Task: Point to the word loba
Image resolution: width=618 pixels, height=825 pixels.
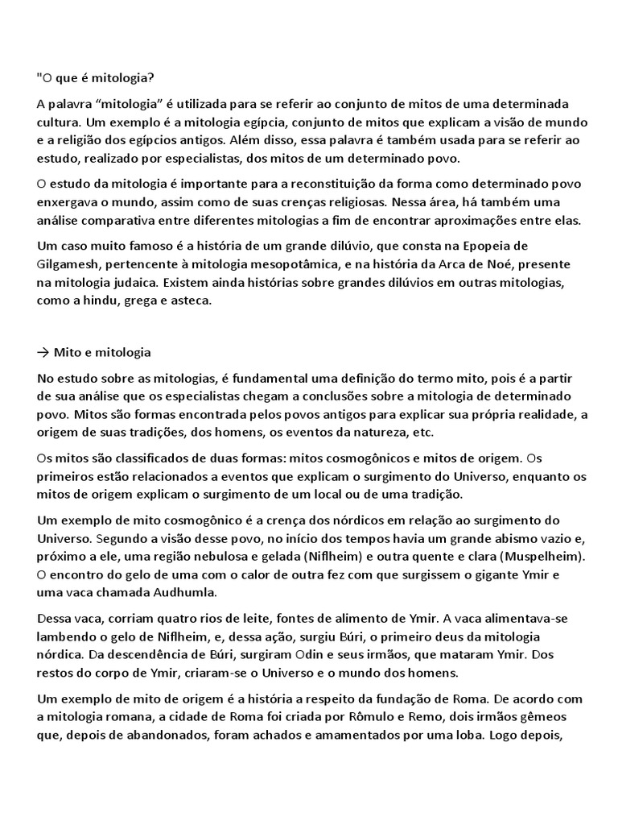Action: pyautogui.click(x=461, y=736)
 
